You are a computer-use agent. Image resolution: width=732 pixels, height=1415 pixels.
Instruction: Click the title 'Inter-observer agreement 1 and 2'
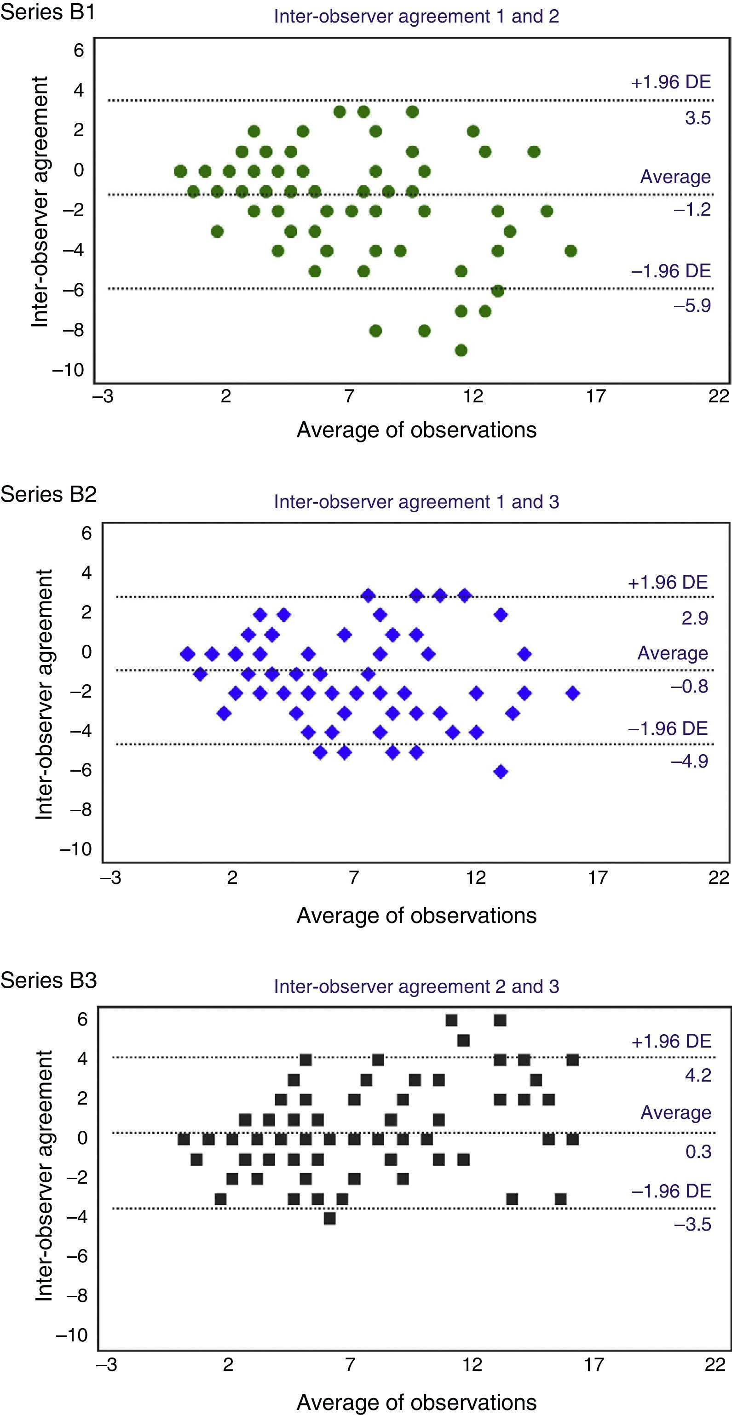point(416,17)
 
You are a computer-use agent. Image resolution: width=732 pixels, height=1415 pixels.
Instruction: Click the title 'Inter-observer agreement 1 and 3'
point(416,502)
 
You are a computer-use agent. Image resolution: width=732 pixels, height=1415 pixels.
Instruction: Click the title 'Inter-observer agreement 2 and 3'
point(416,986)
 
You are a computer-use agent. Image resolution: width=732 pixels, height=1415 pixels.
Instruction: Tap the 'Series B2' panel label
point(48,494)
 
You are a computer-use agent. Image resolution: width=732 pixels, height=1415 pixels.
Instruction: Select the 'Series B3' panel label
point(48,980)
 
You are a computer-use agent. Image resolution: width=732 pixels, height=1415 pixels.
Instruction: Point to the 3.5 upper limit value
point(697,118)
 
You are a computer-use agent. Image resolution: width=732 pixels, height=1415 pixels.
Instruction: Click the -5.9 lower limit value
point(692,305)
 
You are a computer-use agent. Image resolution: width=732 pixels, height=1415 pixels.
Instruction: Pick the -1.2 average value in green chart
point(692,209)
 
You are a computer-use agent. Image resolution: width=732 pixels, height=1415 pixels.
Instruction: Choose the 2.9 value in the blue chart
point(695,618)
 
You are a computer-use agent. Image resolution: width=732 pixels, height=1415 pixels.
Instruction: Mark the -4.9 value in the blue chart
point(689,762)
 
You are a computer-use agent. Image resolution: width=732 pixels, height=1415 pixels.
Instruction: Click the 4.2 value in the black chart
point(698,1075)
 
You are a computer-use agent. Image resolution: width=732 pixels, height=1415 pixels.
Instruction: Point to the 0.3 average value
point(698,1151)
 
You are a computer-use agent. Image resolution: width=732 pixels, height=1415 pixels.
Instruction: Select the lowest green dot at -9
point(461,350)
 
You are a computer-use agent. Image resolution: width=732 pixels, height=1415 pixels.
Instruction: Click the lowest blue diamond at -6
point(500,772)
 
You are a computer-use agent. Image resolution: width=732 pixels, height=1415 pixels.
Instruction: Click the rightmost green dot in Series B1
point(571,251)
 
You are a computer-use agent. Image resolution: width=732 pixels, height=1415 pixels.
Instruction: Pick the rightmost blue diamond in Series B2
point(573,693)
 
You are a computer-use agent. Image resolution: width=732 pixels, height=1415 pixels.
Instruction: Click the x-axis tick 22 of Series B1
point(718,396)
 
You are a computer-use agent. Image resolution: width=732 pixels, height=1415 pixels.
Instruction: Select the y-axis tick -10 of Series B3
point(71,1335)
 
